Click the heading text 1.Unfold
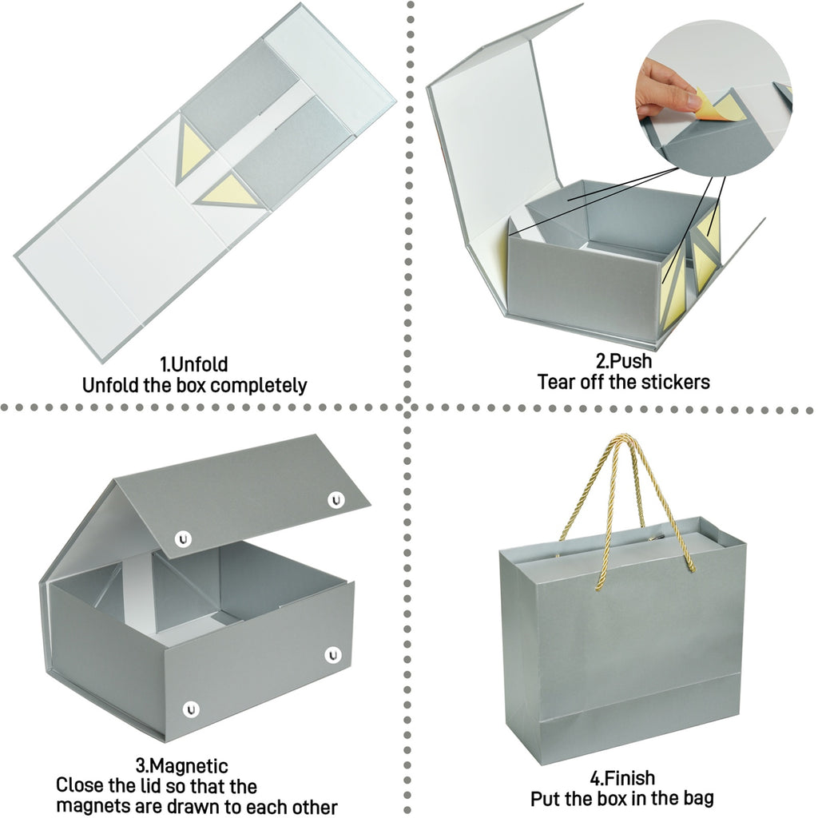coord(193,363)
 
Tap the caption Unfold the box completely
coord(195,386)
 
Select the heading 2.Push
coord(623,360)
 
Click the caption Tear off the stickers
coord(623,382)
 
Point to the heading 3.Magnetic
coord(181,765)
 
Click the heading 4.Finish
coord(622,778)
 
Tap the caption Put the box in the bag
coord(621,798)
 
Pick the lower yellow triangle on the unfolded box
coord(228,192)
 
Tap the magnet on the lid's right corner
coord(336,500)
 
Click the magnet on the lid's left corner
coord(183,539)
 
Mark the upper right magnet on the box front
coord(333,655)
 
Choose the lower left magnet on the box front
coord(191,709)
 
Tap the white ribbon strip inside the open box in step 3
coord(137,589)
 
